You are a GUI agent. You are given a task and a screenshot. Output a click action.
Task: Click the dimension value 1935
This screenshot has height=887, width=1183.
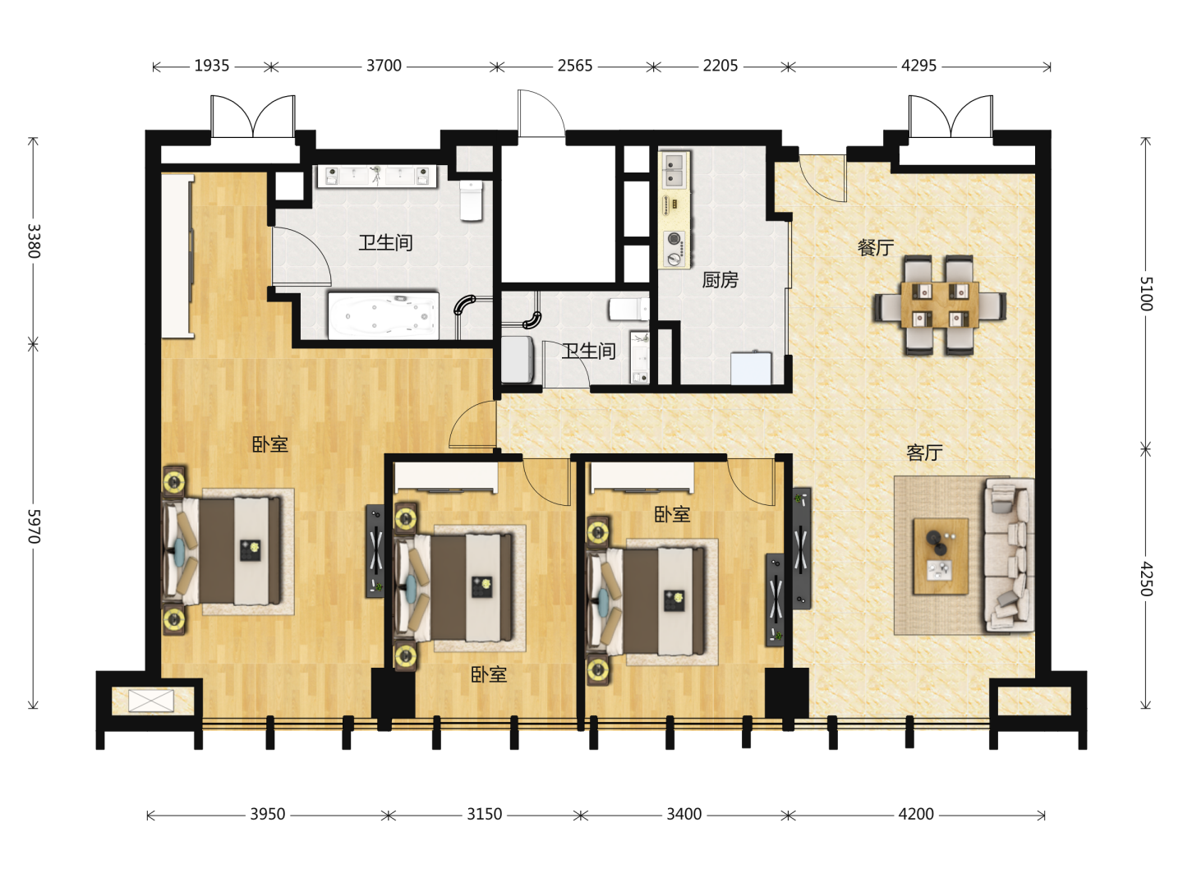pyautogui.click(x=212, y=66)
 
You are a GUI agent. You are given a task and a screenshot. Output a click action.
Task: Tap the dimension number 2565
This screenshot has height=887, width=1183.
pyautogui.click(x=575, y=66)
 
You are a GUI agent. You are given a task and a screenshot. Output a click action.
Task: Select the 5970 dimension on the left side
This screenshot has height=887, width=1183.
pyautogui.click(x=34, y=526)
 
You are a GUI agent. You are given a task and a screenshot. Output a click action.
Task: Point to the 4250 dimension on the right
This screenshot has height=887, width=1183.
pyautogui.click(x=1146, y=579)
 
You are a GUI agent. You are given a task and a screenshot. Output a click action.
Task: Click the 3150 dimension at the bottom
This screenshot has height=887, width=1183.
pyautogui.click(x=485, y=814)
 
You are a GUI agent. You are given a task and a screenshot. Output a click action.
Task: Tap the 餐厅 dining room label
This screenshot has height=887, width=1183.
pyautogui.click(x=876, y=248)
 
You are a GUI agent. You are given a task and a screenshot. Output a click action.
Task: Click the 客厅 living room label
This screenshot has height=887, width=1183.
pyautogui.click(x=924, y=453)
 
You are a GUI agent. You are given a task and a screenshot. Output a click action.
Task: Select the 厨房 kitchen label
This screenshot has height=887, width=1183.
pyautogui.click(x=720, y=280)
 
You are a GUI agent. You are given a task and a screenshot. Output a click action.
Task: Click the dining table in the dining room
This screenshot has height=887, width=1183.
pyautogui.click(x=940, y=305)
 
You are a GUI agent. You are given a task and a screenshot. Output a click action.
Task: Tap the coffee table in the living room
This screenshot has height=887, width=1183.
pyautogui.click(x=941, y=556)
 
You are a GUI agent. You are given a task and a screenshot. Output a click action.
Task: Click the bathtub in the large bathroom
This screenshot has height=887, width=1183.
pyautogui.click(x=383, y=316)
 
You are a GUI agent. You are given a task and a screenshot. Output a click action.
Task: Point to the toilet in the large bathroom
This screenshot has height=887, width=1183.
pyautogui.click(x=471, y=200)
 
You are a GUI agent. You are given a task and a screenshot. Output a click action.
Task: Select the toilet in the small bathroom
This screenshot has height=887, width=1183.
pyautogui.click(x=629, y=309)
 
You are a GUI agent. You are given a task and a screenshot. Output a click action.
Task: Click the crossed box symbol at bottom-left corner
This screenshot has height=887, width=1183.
pyautogui.click(x=151, y=701)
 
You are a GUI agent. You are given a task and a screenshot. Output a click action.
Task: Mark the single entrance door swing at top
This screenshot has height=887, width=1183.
pyautogui.click(x=541, y=113)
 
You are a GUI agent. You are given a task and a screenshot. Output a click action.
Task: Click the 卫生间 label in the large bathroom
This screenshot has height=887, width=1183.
pyautogui.click(x=386, y=243)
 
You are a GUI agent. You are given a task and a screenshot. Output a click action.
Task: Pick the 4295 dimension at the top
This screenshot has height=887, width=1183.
pyautogui.click(x=919, y=66)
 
